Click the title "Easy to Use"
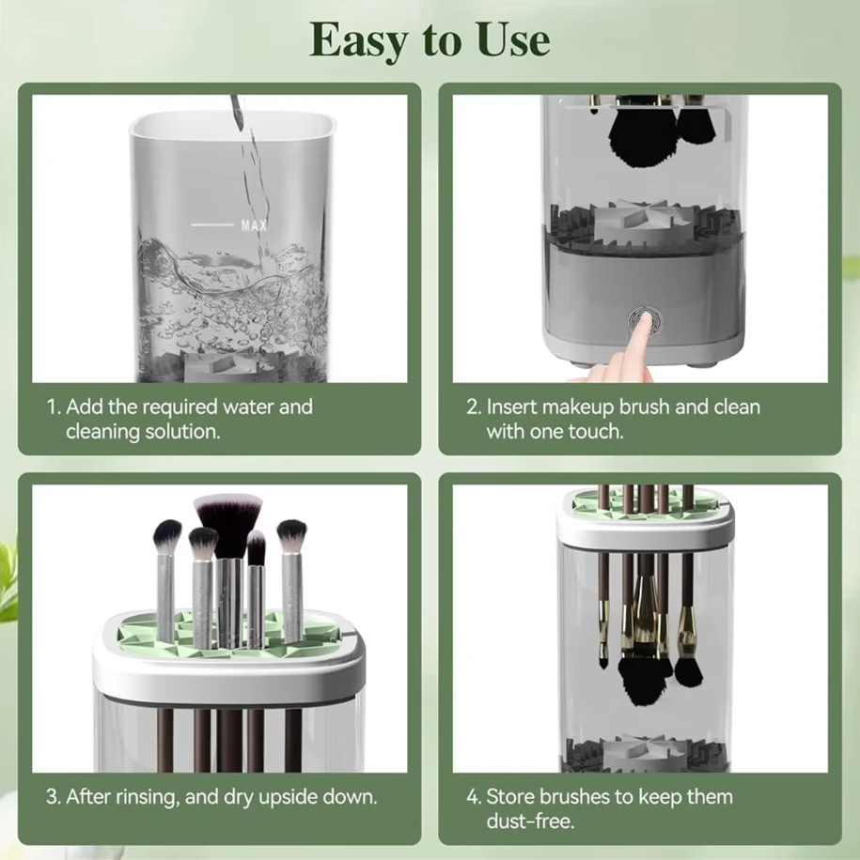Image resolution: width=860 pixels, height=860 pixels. click(x=430, y=40)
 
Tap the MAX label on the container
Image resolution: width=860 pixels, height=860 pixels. click(x=254, y=225)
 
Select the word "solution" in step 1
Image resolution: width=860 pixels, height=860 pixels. click(x=183, y=431)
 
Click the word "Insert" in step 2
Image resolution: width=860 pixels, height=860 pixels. click(x=510, y=407)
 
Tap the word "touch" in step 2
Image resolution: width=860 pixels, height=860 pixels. click(x=598, y=431)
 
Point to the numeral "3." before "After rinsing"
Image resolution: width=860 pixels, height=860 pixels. click(x=55, y=797)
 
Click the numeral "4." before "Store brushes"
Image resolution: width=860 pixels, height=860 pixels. click(x=475, y=797)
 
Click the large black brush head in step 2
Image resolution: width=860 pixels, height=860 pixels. click(x=639, y=136)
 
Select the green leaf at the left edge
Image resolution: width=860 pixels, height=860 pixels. click(x=8, y=582)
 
